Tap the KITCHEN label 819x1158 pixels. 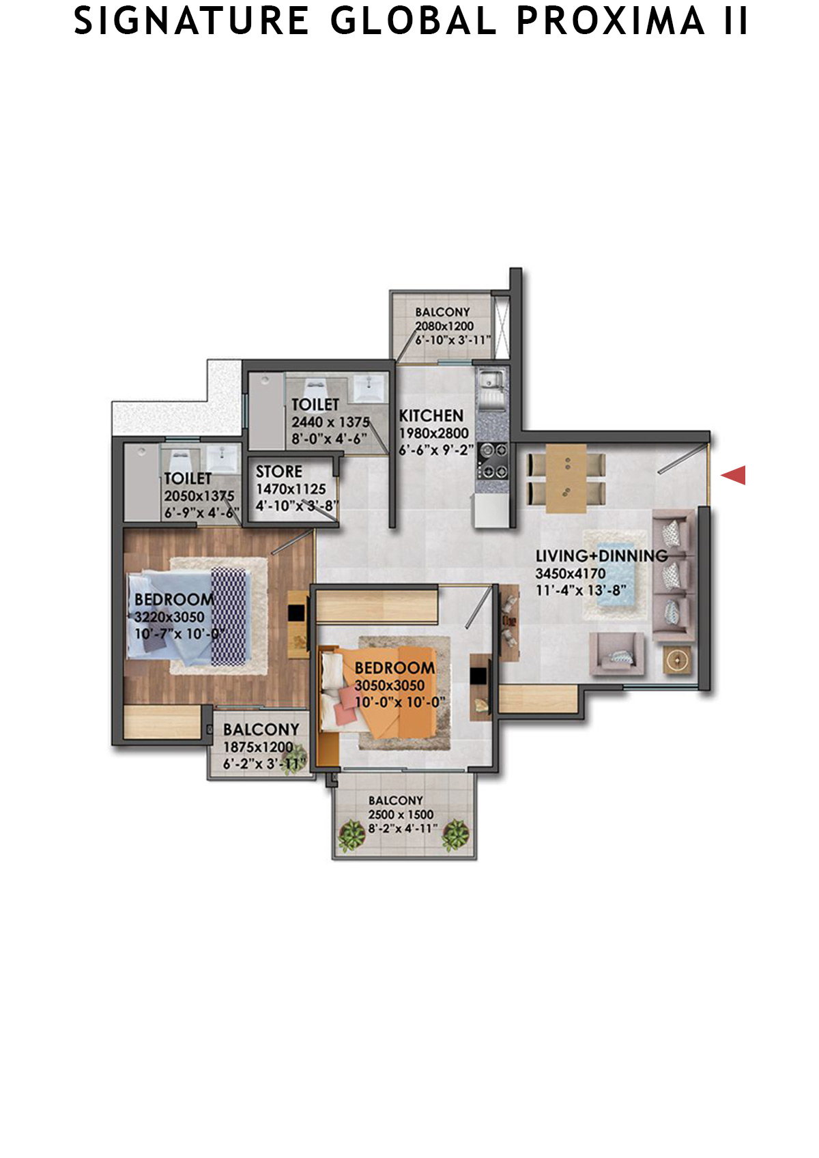pos(431,416)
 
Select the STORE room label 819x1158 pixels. pos(278,472)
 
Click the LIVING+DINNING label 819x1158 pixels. pos(601,555)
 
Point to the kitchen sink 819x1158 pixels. pos(491,381)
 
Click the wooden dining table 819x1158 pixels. pos(566,478)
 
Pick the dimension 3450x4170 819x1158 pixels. pos(571,573)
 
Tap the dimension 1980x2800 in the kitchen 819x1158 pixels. pos(434,433)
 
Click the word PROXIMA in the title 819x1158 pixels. pos(611,21)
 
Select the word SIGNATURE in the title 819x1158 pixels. pos(191,21)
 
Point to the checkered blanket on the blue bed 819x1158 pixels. pos(229,616)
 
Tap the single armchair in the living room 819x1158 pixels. pos(617,654)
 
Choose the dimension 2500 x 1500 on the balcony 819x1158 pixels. pos(401,814)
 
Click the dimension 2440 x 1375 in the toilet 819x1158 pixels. pos(330,422)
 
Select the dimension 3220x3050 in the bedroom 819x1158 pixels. pos(169,617)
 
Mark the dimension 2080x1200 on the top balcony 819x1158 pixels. pos(444,325)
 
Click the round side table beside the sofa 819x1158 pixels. pos(677,660)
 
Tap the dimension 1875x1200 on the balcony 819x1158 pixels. pos(258,747)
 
